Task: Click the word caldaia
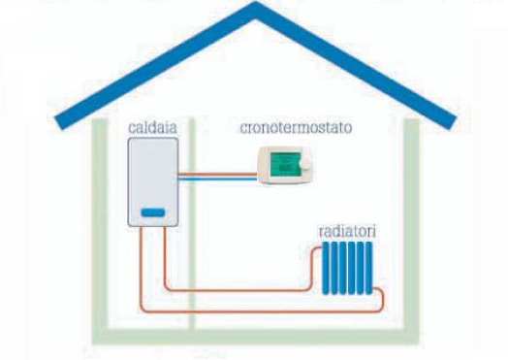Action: pyautogui.click(x=152, y=127)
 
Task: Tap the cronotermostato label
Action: pyautogui.click(x=296, y=127)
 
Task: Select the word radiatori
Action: pyautogui.click(x=347, y=231)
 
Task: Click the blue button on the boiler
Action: pyautogui.click(x=153, y=213)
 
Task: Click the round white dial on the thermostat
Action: pyautogui.click(x=304, y=164)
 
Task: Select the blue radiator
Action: pyautogui.click(x=347, y=268)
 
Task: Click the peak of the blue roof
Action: pyautogui.click(x=255, y=6)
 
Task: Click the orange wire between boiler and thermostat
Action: pyautogui.click(x=218, y=175)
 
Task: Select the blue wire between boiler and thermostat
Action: pyautogui.click(x=218, y=179)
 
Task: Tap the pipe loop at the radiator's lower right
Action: pyautogui.click(x=382, y=298)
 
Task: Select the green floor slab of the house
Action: pyautogui.click(x=255, y=337)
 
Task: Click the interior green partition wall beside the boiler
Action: pyautogui.click(x=192, y=224)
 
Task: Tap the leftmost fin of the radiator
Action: pyautogui.click(x=326, y=268)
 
